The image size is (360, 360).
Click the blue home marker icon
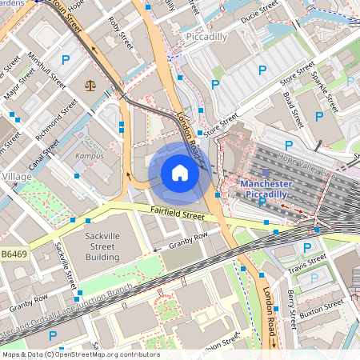pos(180,173)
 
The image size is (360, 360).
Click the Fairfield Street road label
pos(177,212)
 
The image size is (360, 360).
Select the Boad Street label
pos(294,110)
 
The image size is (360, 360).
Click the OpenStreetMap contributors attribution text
pos(81,354)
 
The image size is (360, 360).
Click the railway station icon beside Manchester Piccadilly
pos(266,172)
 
